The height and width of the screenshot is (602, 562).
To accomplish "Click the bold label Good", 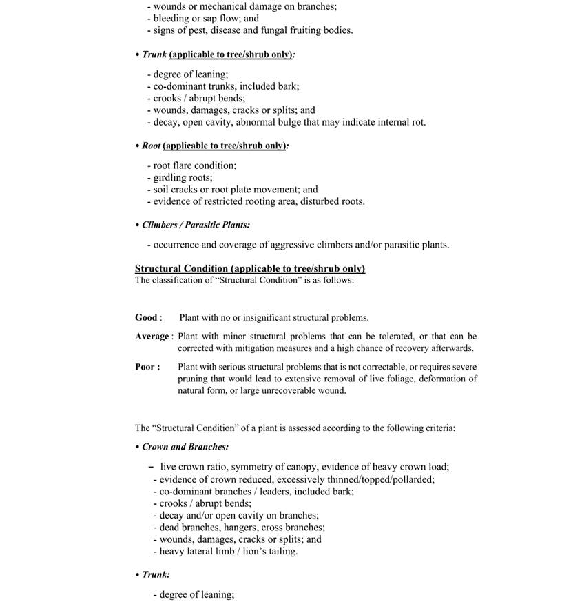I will pos(146,318).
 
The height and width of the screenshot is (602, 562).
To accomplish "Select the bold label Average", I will pos(152,337).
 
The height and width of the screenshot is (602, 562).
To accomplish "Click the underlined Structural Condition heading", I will pos(250,268).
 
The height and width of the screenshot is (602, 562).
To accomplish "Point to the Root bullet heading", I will pos(151,146).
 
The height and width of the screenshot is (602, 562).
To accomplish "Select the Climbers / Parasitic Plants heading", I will pos(196,225).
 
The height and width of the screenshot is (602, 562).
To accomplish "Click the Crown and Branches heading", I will pos(185,447).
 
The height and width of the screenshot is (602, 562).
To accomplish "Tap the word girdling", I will pos(171,178).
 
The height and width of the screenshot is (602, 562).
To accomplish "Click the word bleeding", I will pos(172,19).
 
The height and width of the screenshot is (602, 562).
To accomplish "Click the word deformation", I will pos(435,379).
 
